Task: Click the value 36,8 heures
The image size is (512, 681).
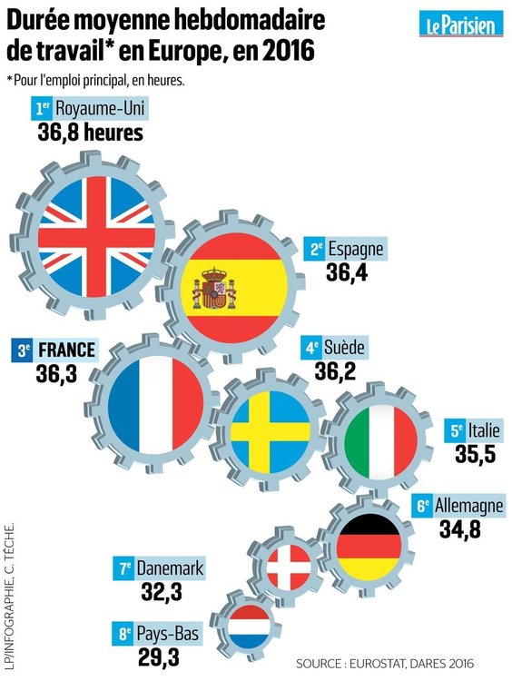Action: coord(91,133)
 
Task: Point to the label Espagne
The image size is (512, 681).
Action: coord(357,249)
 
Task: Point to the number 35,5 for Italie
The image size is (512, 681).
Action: coord(475,455)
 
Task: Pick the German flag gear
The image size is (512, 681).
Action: coord(367,546)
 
